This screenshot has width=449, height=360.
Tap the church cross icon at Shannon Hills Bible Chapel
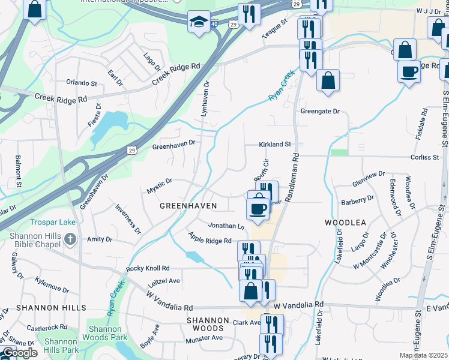(x=71, y=240)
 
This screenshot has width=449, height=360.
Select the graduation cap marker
(x=199, y=22)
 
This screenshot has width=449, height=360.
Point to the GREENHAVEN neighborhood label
(x=188, y=206)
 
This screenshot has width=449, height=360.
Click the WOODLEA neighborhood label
(x=345, y=222)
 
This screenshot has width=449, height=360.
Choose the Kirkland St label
(x=274, y=145)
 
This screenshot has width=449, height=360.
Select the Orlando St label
(x=82, y=83)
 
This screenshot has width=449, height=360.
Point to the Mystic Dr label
(x=160, y=185)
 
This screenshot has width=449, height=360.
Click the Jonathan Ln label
(x=226, y=226)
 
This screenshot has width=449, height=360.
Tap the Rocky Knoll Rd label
(x=148, y=268)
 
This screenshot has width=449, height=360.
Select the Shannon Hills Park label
(x=61, y=346)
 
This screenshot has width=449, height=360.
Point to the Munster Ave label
(x=204, y=338)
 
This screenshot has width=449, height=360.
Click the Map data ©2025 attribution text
(x=424, y=356)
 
